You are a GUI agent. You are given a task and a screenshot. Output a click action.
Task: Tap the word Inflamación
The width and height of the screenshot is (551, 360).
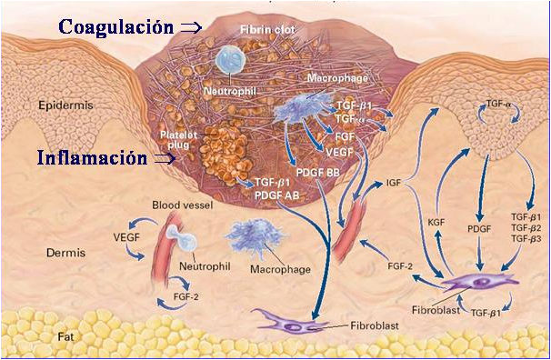coord(92,157)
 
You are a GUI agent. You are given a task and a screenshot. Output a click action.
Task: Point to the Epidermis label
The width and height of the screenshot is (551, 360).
coord(65,105)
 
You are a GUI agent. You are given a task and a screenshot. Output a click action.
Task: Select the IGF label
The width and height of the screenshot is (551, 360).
coord(393,183)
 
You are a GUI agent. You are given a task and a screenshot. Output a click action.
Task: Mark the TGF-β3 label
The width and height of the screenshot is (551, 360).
coord(526,238)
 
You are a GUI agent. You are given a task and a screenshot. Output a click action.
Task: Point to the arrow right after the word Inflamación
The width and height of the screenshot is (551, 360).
coord(165,158)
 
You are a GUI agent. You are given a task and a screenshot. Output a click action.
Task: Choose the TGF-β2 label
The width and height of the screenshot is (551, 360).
coord(526,227)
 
